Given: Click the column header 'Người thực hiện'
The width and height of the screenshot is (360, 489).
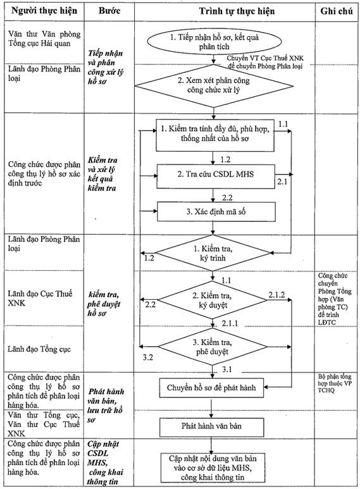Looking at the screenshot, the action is [x=44, y=11].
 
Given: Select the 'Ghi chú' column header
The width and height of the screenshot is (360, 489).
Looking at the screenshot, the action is [x=337, y=11].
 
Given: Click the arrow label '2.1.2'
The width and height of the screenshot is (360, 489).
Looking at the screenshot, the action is [x=276, y=295].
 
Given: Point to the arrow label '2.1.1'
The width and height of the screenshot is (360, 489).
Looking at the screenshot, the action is [x=230, y=323].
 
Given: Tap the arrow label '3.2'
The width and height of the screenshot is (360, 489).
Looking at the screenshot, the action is [x=148, y=357].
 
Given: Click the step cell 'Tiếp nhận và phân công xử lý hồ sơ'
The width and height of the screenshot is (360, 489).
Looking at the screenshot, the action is [x=106, y=67].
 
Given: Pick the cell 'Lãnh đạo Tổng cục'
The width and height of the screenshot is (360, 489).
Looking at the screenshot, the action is [x=39, y=349].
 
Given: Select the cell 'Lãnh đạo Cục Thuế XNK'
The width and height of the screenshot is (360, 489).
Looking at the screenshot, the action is [x=40, y=298].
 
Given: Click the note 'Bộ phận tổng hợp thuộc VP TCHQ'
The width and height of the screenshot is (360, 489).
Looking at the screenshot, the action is [x=335, y=383].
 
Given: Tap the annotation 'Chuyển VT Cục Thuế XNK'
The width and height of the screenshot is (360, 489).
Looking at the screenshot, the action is [x=265, y=58].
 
